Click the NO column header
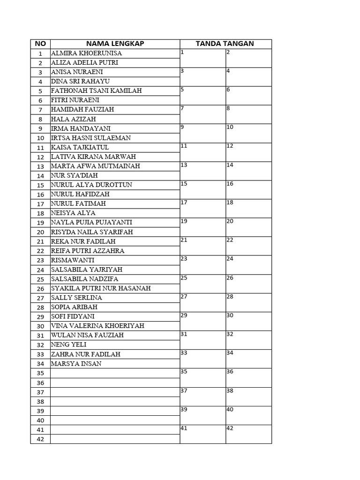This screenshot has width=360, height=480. point(40,44)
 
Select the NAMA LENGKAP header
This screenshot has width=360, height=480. point(115,44)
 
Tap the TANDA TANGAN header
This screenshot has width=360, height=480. point(225,44)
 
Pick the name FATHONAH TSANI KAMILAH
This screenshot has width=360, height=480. point(96,91)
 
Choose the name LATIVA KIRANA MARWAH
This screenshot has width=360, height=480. point(93,157)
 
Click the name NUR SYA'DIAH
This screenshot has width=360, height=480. point(75,175)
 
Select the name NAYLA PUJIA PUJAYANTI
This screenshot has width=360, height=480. point(91,222)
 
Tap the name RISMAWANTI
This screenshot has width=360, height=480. point(73,260)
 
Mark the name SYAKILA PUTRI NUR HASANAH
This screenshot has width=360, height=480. point(101,288)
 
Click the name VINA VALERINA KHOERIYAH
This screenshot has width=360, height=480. point(97,326)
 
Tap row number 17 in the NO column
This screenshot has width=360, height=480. point(40,204)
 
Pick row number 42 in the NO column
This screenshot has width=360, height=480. point(40,439)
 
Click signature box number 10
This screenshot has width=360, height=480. point(248,134)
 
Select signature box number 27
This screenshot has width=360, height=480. point(202,303)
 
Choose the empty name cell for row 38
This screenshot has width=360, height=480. point(115,402)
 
